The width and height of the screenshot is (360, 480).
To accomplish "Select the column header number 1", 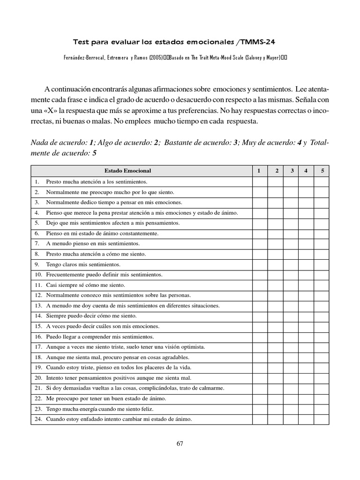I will pyautogui.click(x=259, y=171).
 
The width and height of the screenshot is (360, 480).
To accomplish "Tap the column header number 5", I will pyautogui.click(x=322, y=171).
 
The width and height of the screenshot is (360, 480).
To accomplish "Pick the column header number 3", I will pyautogui.click(x=292, y=171).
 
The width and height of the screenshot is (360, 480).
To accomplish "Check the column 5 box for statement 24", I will pyautogui.click(x=322, y=419).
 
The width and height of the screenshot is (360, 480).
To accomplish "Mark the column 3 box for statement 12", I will pyautogui.click(x=291, y=295).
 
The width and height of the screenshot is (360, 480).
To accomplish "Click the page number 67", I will pyautogui.click(x=180, y=444).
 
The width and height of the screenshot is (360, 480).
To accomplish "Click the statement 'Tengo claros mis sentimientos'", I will pyautogui.click(x=83, y=264).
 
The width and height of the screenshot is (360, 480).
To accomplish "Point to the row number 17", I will pyautogui.click(x=38, y=347).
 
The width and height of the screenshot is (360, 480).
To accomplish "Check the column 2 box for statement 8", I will pyautogui.click(x=275, y=254).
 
